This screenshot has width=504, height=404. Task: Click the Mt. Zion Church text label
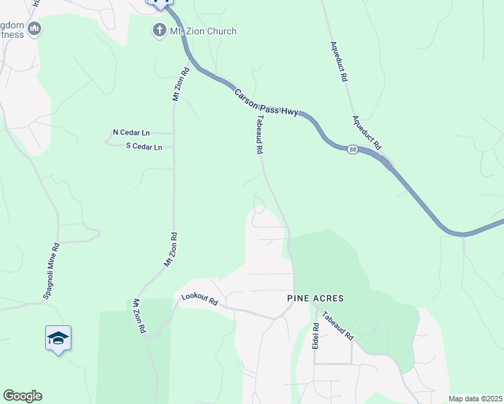(x=203, y=30)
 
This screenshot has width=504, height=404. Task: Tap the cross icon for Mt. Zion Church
(x=159, y=30)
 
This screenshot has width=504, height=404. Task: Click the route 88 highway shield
(x=352, y=149)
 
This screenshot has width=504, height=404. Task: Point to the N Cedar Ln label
(x=131, y=133)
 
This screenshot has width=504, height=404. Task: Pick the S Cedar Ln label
(x=144, y=146)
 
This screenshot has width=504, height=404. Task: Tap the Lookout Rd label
(x=201, y=300)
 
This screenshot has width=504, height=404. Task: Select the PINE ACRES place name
(x=315, y=298)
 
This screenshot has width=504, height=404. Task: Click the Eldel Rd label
(x=315, y=336)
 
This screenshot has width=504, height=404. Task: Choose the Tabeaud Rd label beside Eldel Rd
(x=338, y=328)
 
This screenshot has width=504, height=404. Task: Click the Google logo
(x=22, y=396)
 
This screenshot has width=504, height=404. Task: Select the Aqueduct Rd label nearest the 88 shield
(x=367, y=131)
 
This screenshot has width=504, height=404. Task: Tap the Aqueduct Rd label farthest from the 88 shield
(x=338, y=62)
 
